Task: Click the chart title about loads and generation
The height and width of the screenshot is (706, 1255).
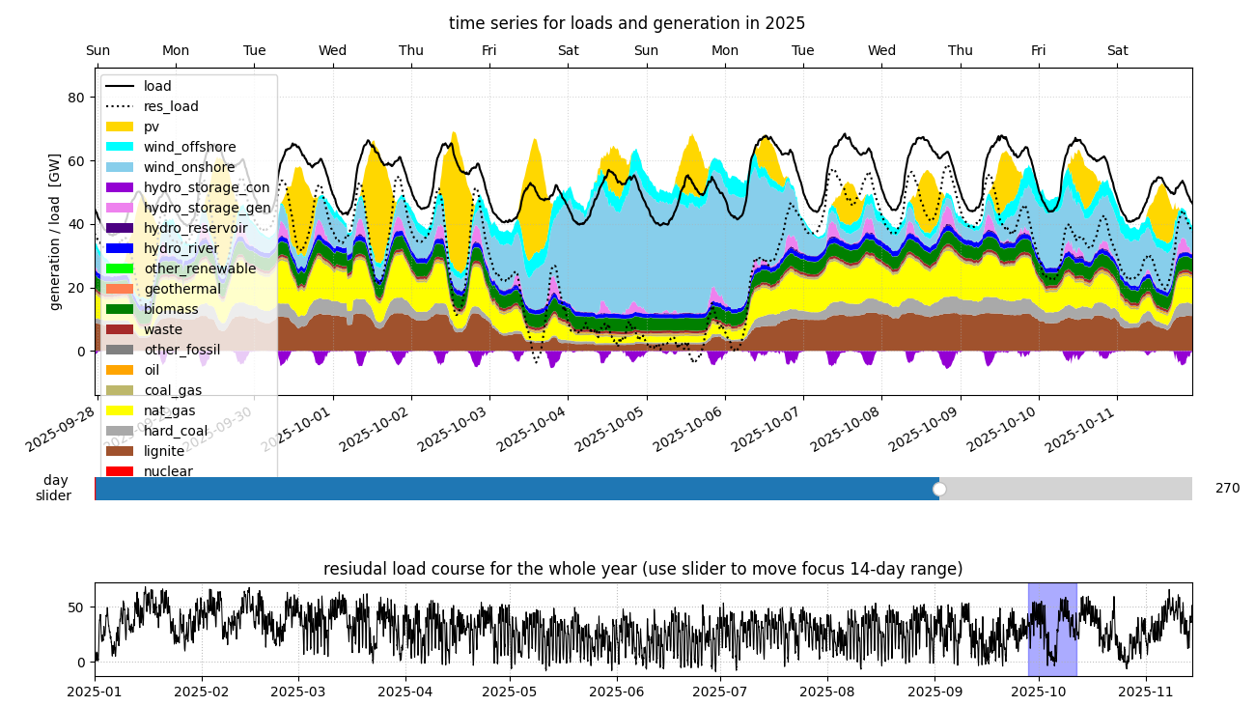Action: [x=627, y=23]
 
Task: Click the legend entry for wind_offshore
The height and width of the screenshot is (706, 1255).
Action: [x=189, y=147]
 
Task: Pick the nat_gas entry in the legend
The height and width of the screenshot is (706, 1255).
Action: [x=170, y=410]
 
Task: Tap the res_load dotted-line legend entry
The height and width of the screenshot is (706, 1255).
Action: [x=171, y=106]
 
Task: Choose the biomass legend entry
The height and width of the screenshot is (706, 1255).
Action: [x=171, y=309]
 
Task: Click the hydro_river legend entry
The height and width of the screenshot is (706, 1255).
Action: [x=181, y=248]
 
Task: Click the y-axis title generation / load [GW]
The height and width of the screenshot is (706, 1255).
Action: [x=55, y=232]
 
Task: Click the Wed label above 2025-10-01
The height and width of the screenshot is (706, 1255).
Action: [x=333, y=51]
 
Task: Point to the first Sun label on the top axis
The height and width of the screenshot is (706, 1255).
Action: [x=98, y=51]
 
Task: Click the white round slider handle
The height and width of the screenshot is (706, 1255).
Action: [x=939, y=489]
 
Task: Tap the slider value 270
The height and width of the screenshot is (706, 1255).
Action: [x=1227, y=489]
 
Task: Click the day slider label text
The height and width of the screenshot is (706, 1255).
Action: [x=54, y=489]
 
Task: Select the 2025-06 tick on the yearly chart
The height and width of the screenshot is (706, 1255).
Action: [x=616, y=692]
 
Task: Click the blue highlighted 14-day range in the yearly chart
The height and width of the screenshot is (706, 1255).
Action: [x=1052, y=629]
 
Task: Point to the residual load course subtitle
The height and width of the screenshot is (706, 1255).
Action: [x=643, y=569]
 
